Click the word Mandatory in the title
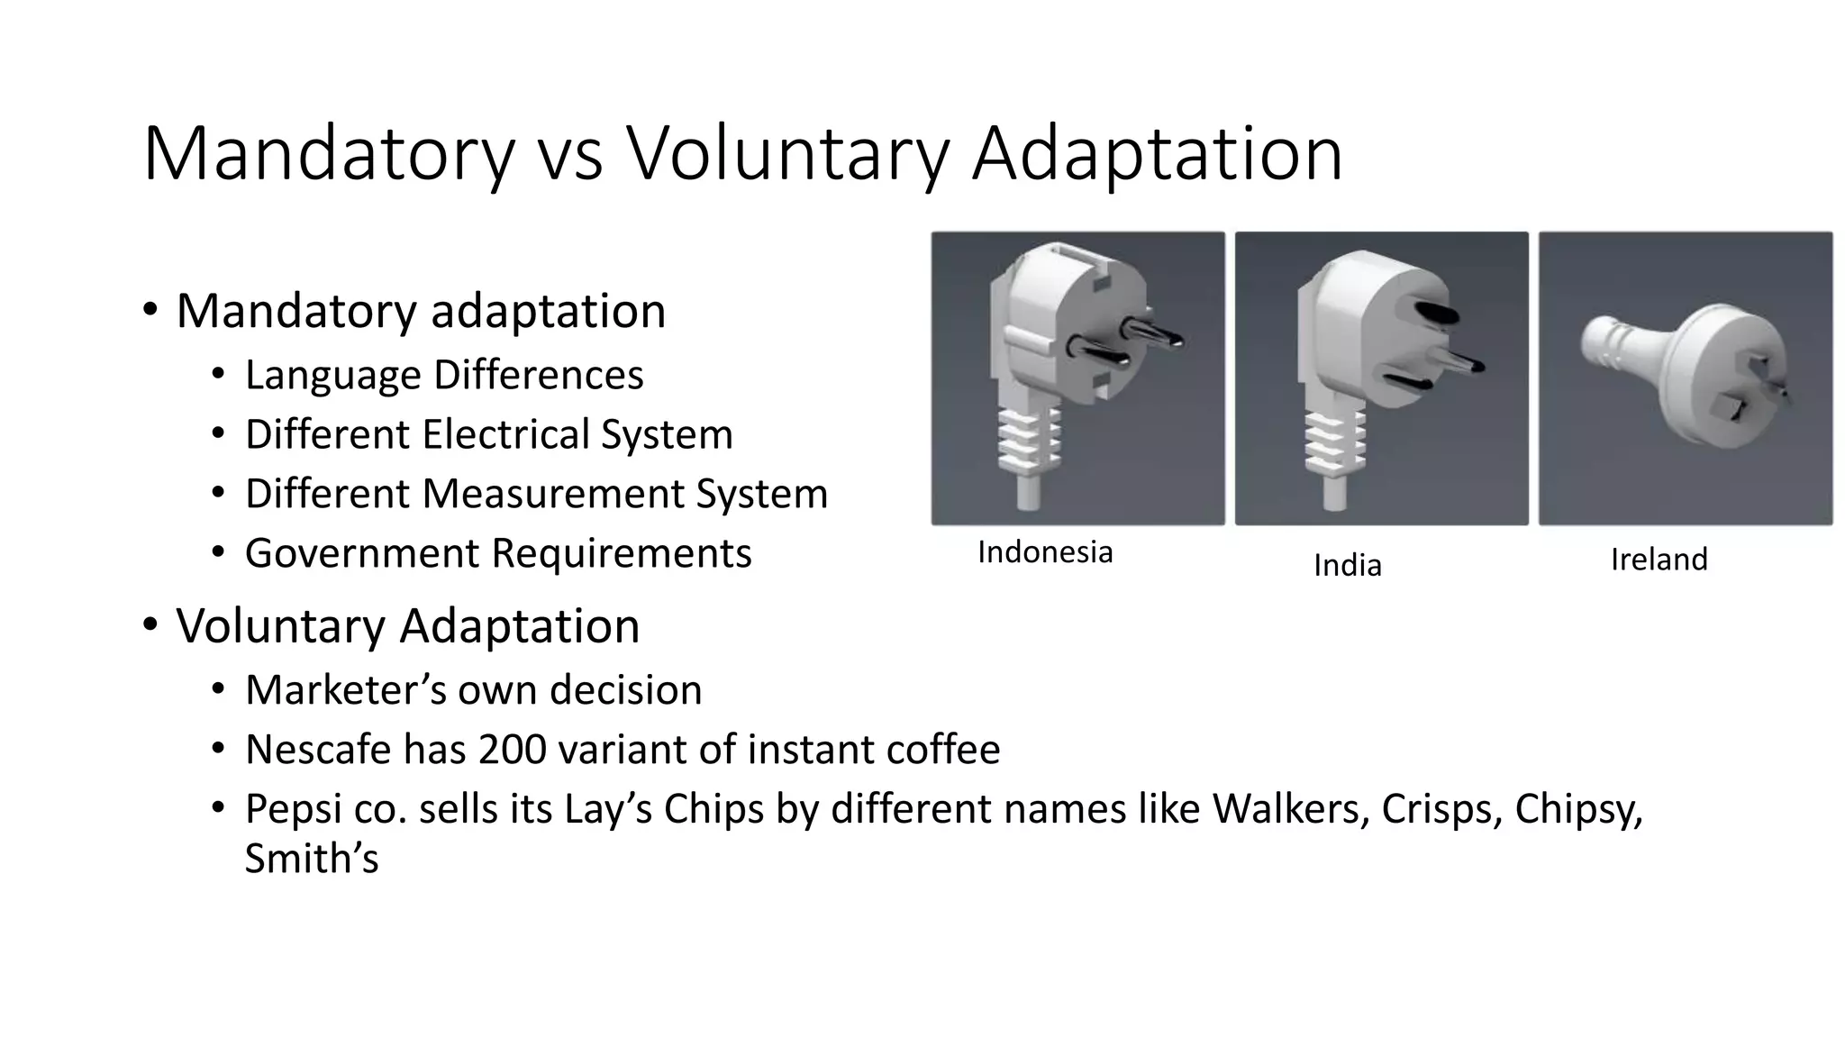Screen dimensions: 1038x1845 pyautogui.click(x=329, y=155)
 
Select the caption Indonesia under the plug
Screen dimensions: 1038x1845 pyautogui.click(x=1045, y=552)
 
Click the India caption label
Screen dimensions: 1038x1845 pyautogui.click(x=1347, y=566)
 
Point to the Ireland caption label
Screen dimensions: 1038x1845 pyautogui.click(x=1659, y=560)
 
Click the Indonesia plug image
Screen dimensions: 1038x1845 pyautogui.click(x=1077, y=378)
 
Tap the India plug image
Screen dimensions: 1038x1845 pyautogui.click(x=1381, y=378)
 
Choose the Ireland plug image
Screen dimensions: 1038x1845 pyautogui.click(x=1685, y=378)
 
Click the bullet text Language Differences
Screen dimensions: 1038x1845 pyautogui.click(x=444, y=375)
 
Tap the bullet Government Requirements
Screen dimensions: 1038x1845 pyautogui.click(x=498, y=553)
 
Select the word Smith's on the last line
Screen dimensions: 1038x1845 pyautogui.click(x=311, y=858)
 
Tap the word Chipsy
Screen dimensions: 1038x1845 pyautogui.click(x=1577, y=809)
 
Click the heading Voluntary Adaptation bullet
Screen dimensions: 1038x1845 pyautogui.click(x=407, y=625)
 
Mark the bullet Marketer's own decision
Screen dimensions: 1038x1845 pyautogui.click(x=473, y=690)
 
